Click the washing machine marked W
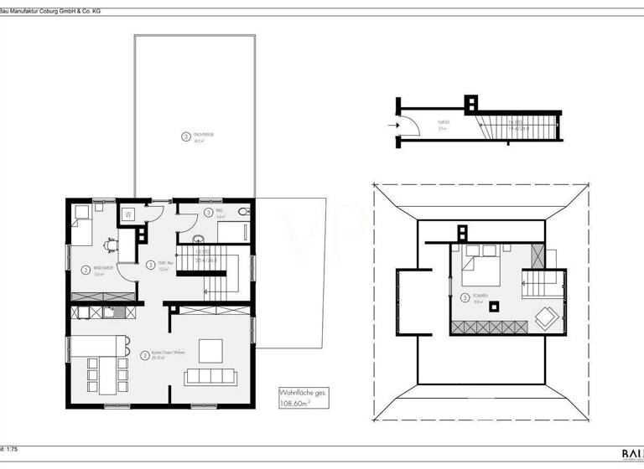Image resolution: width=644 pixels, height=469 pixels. (x=128, y=214)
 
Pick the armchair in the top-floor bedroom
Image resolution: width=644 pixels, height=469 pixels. (x=545, y=317)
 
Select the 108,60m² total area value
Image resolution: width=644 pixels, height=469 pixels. (x=299, y=402)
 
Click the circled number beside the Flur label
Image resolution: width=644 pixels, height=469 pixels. (x=149, y=265)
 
